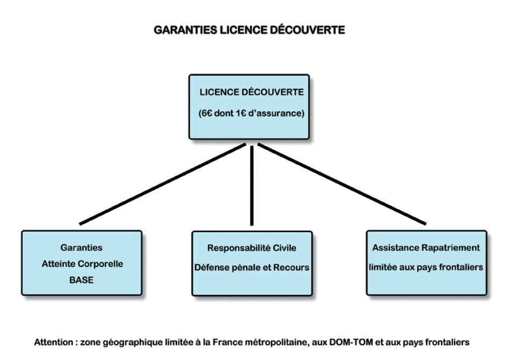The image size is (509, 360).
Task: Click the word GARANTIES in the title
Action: coord(185,30)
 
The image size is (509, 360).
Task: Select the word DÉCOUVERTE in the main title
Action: coord(308,30)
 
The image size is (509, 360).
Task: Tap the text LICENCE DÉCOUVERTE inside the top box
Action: coord(252,92)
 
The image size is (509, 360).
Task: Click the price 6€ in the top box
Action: coord(207,113)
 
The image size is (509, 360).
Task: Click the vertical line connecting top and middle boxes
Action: coord(252,185)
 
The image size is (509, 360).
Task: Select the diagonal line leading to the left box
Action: coord(163,184)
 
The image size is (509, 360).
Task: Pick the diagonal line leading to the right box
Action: coord(342,184)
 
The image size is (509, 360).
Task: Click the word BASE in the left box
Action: coord(82,280)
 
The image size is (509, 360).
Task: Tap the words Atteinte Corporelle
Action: coord(83,264)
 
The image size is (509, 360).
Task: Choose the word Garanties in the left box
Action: coord(82,248)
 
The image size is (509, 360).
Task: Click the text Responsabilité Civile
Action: coord(252,248)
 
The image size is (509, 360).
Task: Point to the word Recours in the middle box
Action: coord(291,268)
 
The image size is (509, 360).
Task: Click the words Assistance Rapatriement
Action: coord(426,248)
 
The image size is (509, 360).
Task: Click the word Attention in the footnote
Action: coord(54,342)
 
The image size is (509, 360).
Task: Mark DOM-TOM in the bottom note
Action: coord(351,342)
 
